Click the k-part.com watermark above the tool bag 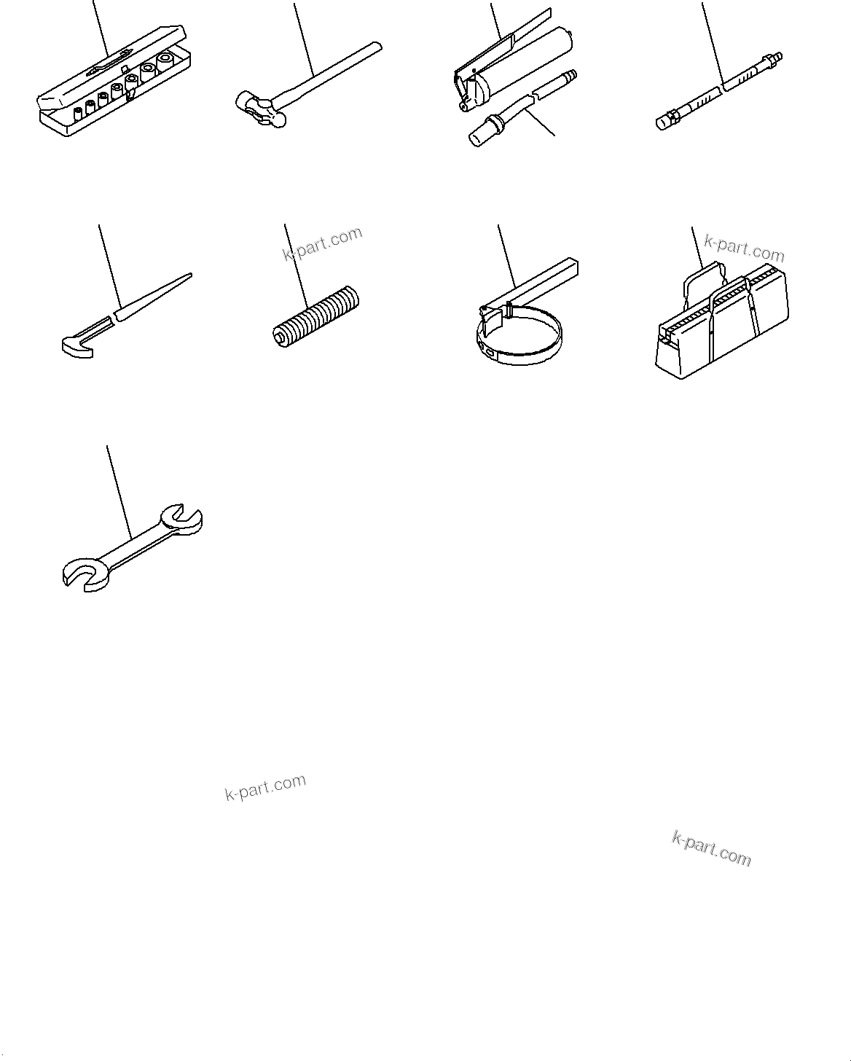[744, 248]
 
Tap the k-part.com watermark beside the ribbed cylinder [322, 243]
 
